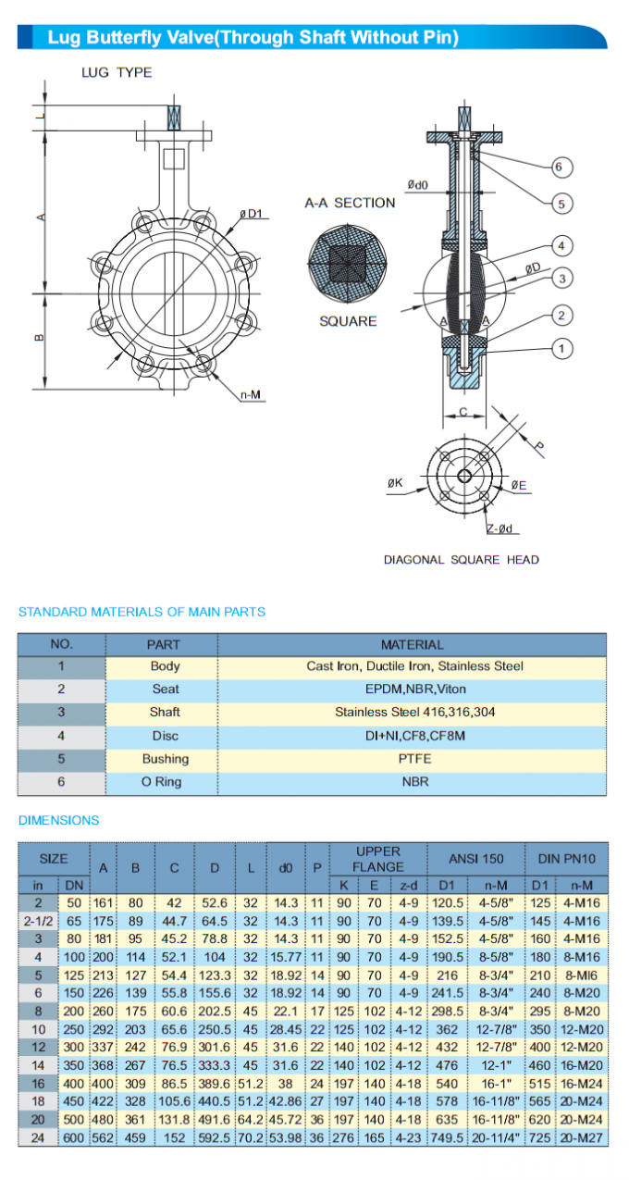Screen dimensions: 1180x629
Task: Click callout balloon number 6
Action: tap(560, 168)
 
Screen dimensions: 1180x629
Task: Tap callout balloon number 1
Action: tap(561, 349)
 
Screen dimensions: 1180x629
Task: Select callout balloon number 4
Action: tap(561, 245)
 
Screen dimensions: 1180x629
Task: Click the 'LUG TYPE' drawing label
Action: tap(117, 72)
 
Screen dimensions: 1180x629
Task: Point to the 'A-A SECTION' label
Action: tap(350, 203)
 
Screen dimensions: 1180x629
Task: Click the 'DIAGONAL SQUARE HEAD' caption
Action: tap(462, 559)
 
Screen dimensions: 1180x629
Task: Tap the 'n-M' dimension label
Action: tap(251, 395)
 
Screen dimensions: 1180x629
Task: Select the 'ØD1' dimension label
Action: tap(252, 214)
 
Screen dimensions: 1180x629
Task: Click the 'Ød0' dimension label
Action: tap(416, 184)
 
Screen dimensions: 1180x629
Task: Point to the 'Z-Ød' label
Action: tap(500, 528)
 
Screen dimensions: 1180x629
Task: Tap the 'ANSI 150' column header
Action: tap(475, 859)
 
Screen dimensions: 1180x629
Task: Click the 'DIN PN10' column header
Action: tap(567, 859)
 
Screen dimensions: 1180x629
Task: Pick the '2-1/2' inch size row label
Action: tap(38, 921)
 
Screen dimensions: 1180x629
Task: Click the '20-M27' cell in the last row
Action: tap(586, 1137)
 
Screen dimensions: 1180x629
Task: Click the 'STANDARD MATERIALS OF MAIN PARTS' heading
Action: tap(142, 612)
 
